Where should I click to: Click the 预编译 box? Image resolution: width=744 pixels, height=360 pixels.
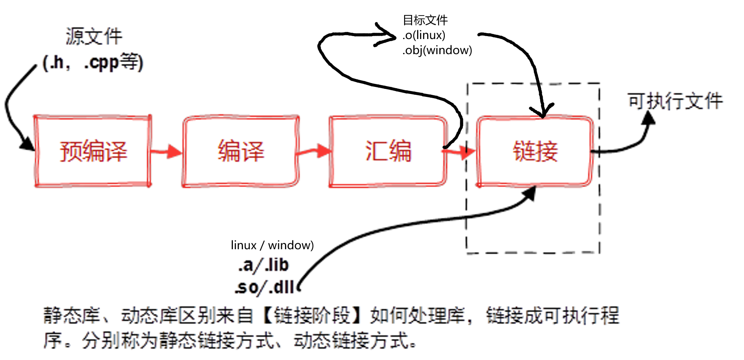click(x=93, y=151)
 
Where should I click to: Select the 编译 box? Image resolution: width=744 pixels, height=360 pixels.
click(x=240, y=151)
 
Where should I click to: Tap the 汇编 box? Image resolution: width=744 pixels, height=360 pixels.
click(x=388, y=151)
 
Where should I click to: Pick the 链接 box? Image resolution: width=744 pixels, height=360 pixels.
click(x=535, y=151)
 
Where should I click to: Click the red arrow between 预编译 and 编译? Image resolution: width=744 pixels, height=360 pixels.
click(x=167, y=151)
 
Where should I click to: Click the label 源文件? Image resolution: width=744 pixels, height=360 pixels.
click(x=94, y=37)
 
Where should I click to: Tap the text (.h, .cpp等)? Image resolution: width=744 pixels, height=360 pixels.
click(x=93, y=62)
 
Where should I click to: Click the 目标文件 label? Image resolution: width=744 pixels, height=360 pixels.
click(x=425, y=20)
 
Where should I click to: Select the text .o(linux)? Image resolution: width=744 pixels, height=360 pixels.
click(x=424, y=35)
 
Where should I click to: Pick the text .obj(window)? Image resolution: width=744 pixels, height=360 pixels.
click(x=437, y=50)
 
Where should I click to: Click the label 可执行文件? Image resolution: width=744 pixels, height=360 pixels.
click(x=675, y=101)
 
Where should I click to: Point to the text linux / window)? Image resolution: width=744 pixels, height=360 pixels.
click(x=272, y=245)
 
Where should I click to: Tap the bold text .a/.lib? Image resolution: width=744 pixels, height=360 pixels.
click(x=264, y=265)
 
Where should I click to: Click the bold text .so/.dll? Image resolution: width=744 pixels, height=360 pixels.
click(x=264, y=288)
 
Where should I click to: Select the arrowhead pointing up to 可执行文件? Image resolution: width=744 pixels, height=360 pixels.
click(x=649, y=118)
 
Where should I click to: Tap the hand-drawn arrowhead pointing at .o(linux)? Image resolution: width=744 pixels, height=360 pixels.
click(x=388, y=36)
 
